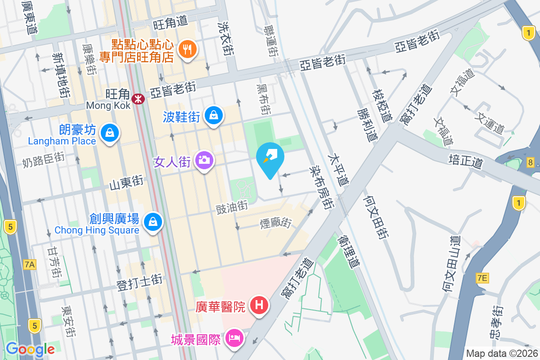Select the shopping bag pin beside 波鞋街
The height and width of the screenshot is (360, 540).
coord(214,115)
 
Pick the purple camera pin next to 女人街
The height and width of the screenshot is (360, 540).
coord(204,160)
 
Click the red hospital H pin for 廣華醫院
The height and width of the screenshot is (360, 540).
coord(259,305)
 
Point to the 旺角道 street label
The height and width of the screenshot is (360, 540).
coord(170,22)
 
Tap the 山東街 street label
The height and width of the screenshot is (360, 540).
coord(126,182)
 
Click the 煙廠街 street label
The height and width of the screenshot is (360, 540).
coord(276,222)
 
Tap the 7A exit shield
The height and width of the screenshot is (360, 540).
coord(29,265)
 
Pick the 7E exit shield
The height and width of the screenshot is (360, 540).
coord(481,278)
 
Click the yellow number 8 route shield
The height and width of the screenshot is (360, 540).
coord(531,162)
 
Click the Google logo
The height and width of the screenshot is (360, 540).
coord(30,349)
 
